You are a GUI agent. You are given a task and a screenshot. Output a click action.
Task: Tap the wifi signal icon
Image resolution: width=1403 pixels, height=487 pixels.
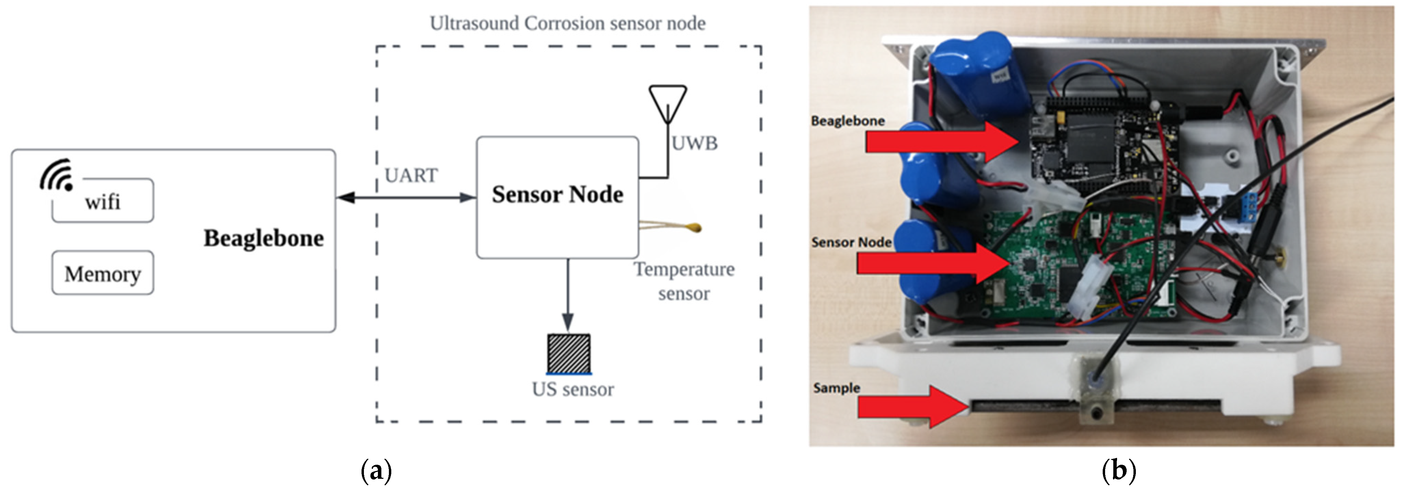(57, 174)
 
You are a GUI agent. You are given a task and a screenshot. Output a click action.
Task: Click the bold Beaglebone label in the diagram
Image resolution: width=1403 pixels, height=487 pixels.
(264, 239)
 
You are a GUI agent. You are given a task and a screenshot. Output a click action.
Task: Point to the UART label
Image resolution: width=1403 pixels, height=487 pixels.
(411, 176)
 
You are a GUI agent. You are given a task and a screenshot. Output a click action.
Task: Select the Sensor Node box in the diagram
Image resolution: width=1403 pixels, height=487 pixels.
(557, 197)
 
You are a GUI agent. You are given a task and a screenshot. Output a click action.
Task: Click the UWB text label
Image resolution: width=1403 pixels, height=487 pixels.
(694, 143)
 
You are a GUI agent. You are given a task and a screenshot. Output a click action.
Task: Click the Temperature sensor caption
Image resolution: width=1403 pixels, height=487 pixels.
(684, 281)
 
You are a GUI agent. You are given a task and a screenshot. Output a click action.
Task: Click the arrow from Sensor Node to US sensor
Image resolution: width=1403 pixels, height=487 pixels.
(568, 294)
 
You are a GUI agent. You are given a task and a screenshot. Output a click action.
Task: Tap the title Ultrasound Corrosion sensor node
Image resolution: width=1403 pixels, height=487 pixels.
(567, 23)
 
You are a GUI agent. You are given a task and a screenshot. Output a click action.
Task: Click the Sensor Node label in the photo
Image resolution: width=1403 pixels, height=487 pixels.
(851, 242)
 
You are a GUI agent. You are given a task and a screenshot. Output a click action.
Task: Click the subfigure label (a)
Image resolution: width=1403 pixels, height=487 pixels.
(376, 470)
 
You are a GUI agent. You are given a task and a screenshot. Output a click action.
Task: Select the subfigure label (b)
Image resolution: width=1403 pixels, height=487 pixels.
(1119, 470)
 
